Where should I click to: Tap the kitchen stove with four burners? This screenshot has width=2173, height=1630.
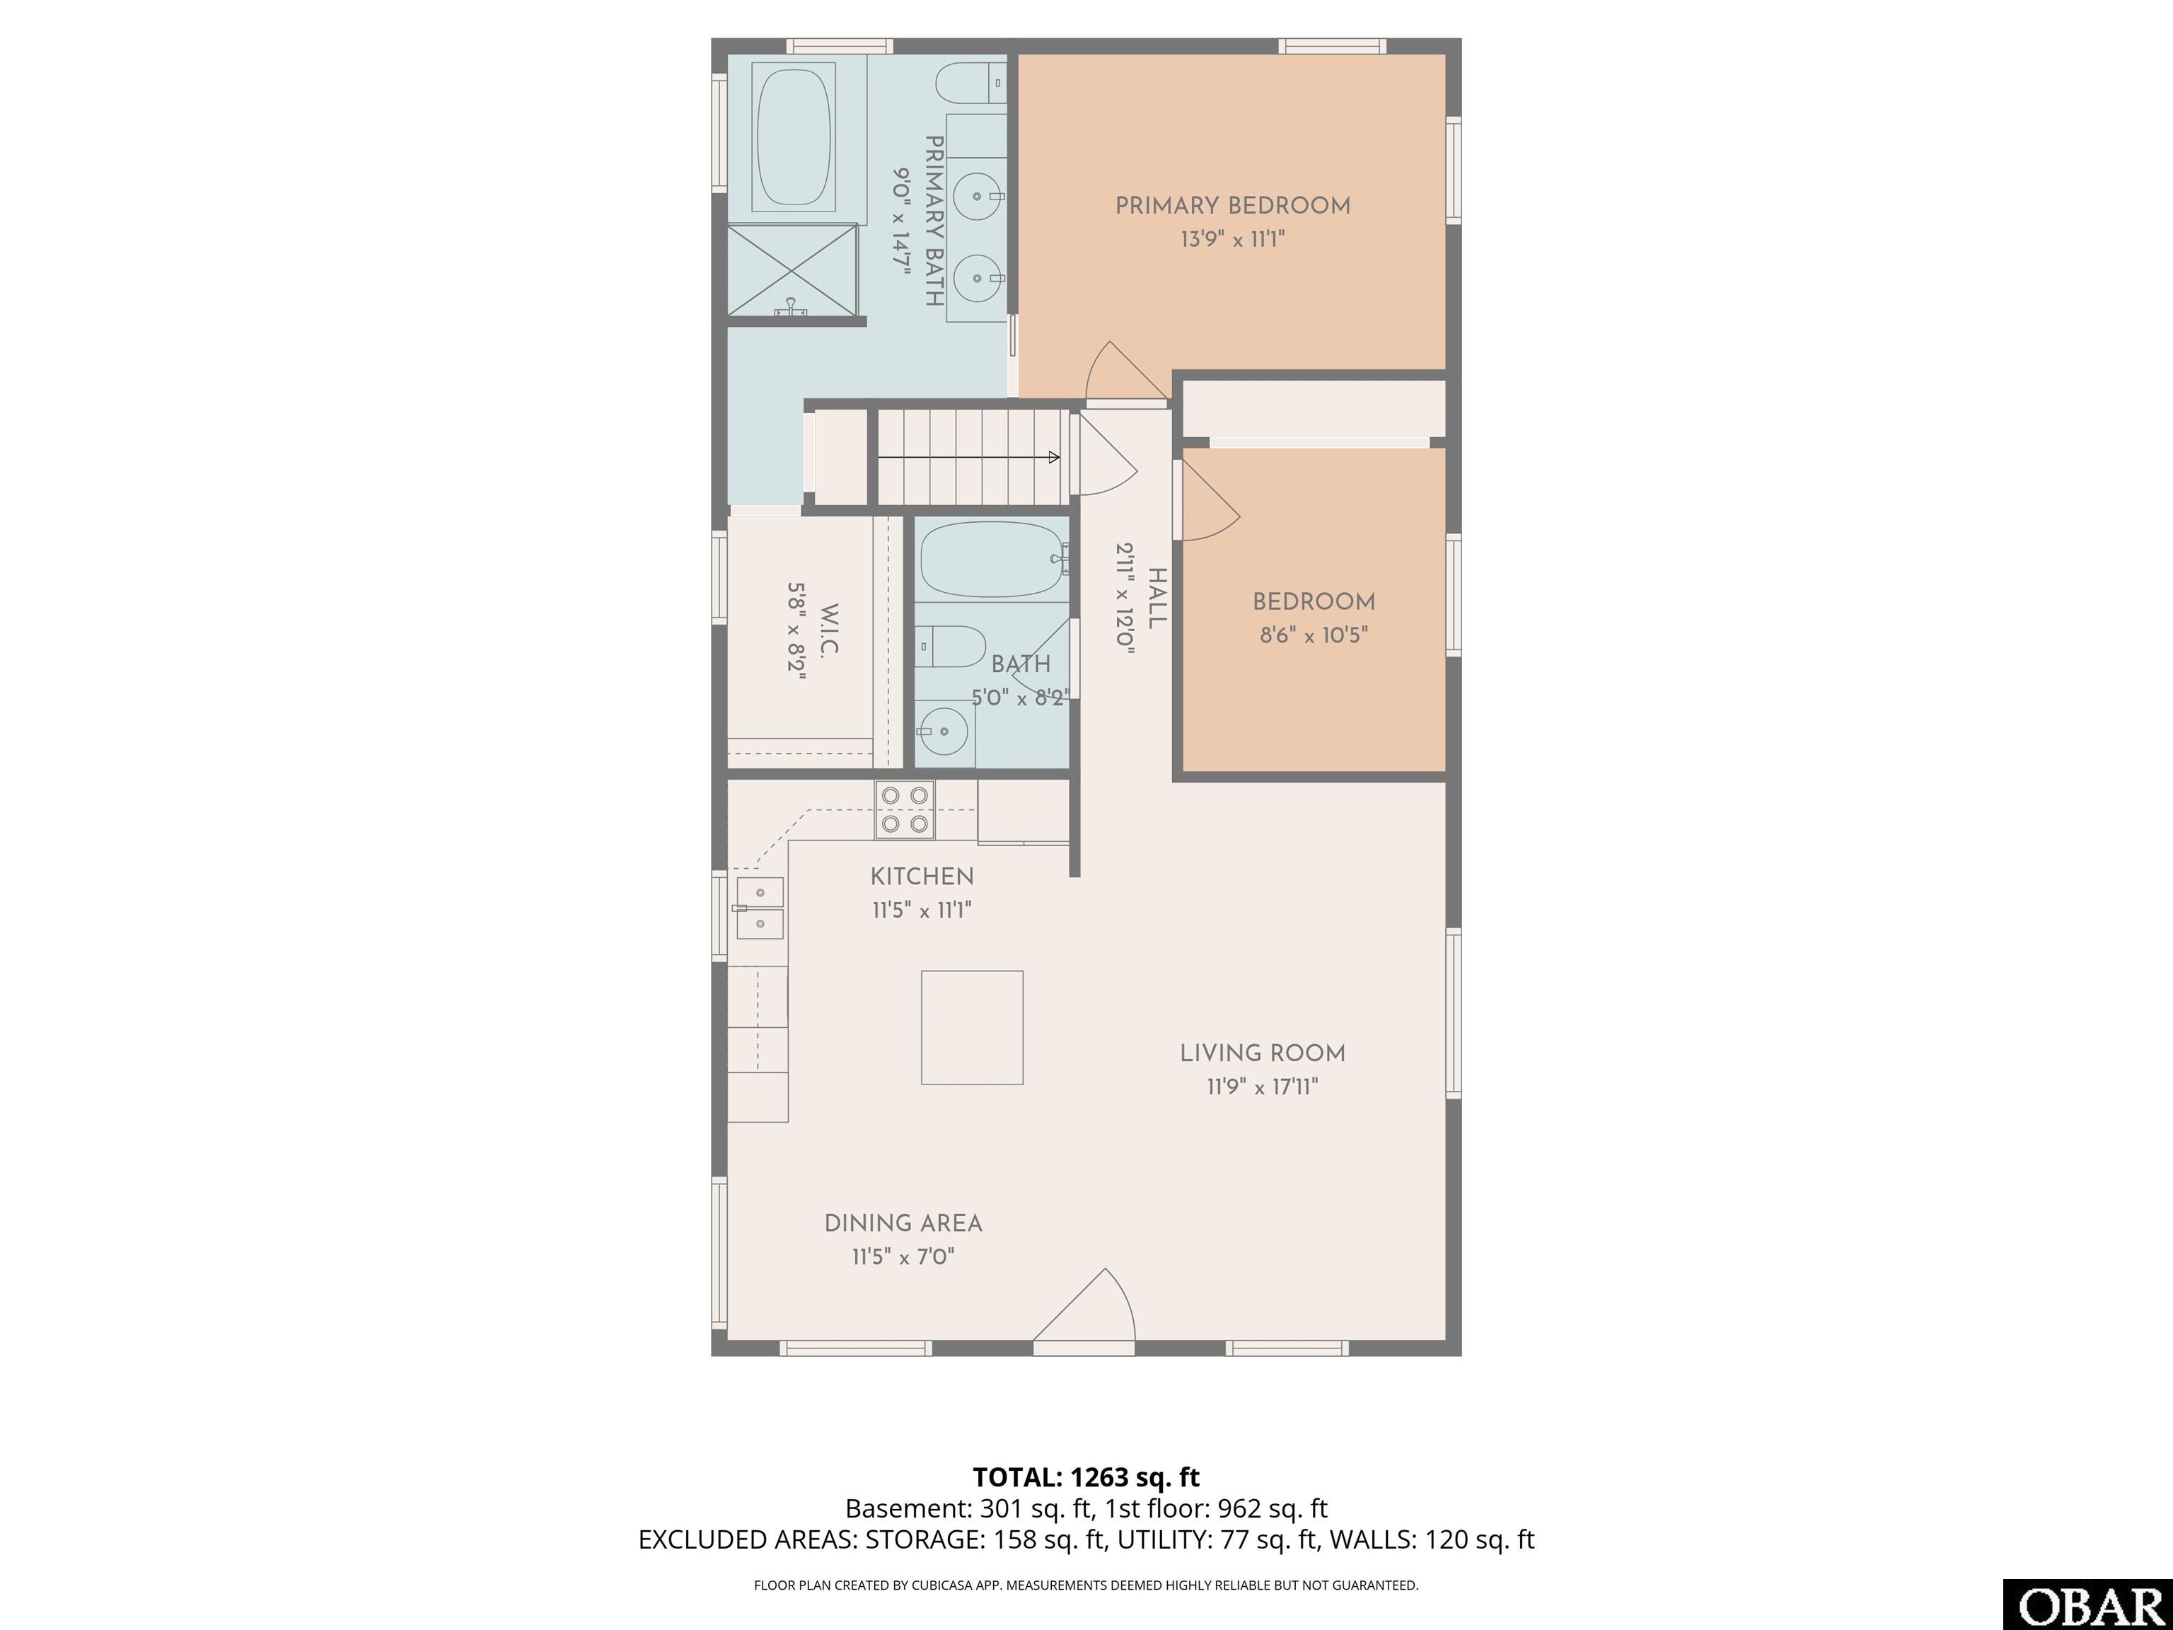(905, 809)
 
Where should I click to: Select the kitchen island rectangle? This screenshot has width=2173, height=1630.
(972, 1028)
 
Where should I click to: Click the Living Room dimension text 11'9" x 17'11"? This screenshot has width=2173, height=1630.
(1263, 1087)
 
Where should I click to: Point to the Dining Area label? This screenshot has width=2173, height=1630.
(903, 1223)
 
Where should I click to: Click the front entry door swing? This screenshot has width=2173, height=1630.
(1086, 1306)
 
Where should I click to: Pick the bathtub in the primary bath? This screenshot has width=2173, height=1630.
(794, 137)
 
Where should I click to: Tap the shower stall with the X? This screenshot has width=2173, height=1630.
(792, 270)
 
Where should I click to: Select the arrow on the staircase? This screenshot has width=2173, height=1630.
(968, 457)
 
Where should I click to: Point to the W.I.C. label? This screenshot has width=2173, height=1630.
(828, 632)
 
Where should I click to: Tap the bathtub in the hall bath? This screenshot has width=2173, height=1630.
(993, 559)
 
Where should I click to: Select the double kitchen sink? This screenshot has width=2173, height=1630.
(760, 908)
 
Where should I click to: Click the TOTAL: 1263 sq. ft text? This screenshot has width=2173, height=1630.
(1086, 1476)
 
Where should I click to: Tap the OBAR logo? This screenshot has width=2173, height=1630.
(2087, 1605)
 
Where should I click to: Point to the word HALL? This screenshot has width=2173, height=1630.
(1157, 599)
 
